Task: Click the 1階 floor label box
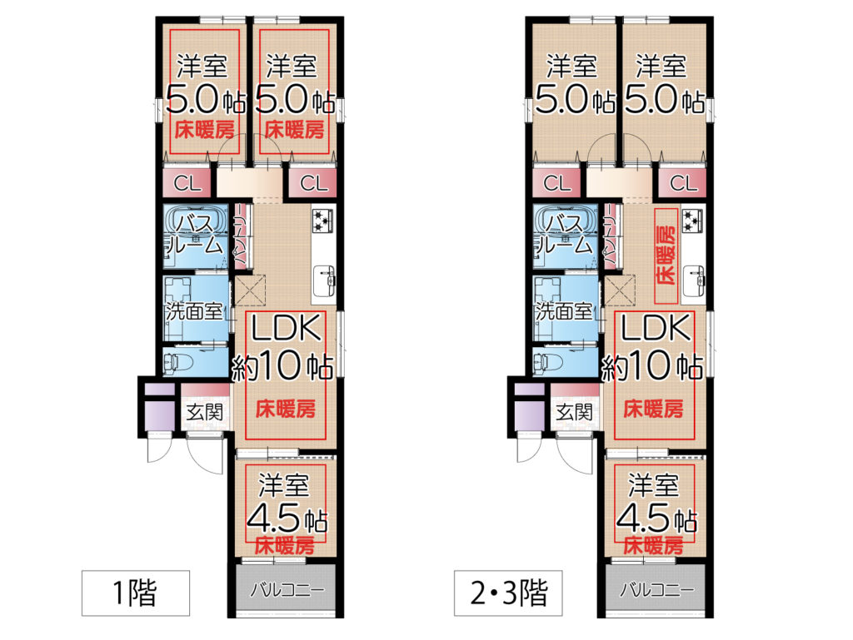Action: click(136, 593)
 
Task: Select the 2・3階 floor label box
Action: click(508, 593)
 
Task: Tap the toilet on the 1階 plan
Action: click(178, 362)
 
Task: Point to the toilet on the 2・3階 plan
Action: click(548, 362)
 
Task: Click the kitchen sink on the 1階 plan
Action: click(324, 280)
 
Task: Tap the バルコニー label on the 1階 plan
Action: click(287, 590)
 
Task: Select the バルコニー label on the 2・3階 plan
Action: click(657, 590)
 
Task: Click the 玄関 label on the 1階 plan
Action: click(205, 412)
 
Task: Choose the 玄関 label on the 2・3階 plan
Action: click(575, 412)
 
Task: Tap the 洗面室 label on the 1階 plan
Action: click(195, 311)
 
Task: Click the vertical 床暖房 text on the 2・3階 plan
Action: click(666, 256)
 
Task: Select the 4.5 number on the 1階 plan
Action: click(273, 518)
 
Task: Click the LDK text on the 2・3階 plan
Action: click(656, 328)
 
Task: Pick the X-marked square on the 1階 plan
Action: click(251, 290)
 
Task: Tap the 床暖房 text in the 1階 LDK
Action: click(286, 409)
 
